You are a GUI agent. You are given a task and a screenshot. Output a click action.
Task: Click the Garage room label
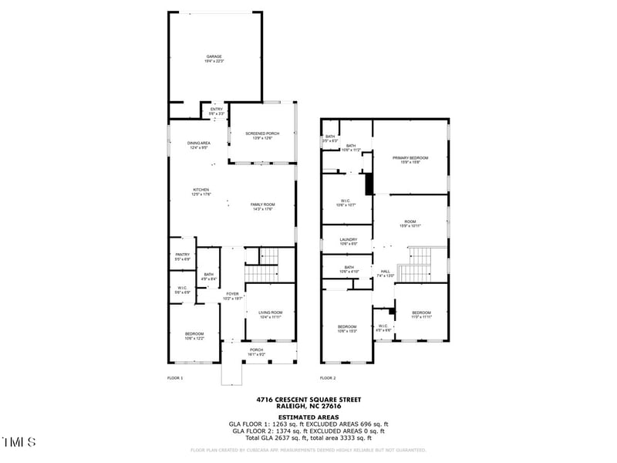pyautogui.click(x=214, y=58)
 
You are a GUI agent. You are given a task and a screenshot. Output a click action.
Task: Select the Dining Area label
pyautogui.click(x=199, y=145)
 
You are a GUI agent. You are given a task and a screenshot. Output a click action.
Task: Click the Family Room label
pyautogui.click(x=262, y=206)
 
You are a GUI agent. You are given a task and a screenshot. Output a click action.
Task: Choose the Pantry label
pyautogui.click(x=182, y=256)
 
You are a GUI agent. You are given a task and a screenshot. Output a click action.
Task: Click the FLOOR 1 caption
pyautogui.click(x=175, y=378)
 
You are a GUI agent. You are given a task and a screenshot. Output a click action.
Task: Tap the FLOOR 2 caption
pyautogui.click(x=328, y=378)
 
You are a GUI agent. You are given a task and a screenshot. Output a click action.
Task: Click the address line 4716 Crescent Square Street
pyautogui.click(x=308, y=400)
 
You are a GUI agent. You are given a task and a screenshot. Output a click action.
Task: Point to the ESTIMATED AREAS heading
pyautogui.click(x=308, y=417)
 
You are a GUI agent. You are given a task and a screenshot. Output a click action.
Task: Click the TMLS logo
pyautogui.click(x=19, y=442)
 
